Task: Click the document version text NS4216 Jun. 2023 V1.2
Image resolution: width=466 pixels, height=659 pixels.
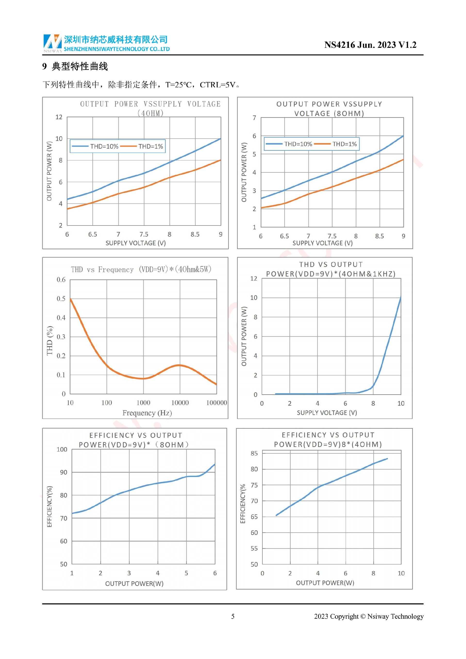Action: point(370,45)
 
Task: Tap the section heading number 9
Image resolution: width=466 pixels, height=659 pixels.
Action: point(44,67)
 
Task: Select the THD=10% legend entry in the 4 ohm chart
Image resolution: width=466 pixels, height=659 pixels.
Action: point(95,146)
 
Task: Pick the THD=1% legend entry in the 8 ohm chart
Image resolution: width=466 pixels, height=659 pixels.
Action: point(336,144)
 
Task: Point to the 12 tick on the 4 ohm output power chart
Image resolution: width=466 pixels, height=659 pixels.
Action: point(59,117)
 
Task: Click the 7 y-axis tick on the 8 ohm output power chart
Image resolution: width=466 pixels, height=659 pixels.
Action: point(254,118)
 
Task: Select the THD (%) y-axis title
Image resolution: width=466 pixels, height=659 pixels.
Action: point(50,341)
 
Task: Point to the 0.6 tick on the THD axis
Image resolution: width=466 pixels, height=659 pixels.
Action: point(61,280)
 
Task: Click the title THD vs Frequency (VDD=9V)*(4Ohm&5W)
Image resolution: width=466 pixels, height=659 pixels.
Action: point(141,269)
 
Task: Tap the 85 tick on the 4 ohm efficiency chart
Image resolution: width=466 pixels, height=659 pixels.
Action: point(254,453)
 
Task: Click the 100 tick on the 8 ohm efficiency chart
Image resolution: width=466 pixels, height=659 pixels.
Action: point(62,450)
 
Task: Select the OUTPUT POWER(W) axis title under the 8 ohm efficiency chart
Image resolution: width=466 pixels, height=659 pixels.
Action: point(134,584)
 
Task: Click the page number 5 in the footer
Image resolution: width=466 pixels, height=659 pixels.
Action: point(233,616)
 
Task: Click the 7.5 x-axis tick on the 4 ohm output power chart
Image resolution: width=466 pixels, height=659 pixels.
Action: point(144,234)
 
